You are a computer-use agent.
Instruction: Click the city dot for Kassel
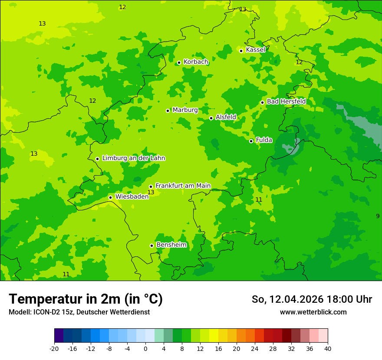[x=241, y=51]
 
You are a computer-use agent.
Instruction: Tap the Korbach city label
[x=196, y=62]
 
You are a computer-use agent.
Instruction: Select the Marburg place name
[x=185, y=110]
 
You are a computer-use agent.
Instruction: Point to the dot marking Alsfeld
[x=211, y=118]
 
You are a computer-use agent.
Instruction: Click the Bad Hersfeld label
[x=286, y=101]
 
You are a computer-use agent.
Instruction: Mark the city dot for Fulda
[x=251, y=141]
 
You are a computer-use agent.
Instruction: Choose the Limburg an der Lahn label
[x=133, y=158]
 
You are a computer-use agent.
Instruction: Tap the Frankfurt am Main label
[x=183, y=186]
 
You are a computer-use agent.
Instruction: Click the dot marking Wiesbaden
[x=110, y=198]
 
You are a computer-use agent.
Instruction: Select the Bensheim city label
[x=171, y=245]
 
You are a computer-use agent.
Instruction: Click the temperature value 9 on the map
[x=378, y=216]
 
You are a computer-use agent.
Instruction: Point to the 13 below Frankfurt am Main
[x=151, y=192]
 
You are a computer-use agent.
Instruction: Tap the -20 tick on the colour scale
[x=54, y=349]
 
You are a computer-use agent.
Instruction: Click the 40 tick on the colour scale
[x=328, y=349]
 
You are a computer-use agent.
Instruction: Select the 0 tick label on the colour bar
[x=145, y=349]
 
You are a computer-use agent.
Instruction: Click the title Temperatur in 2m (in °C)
[x=86, y=299]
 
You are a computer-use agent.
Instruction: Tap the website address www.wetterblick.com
[x=313, y=312]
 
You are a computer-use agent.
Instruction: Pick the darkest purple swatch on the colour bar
[x=59, y=336]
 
